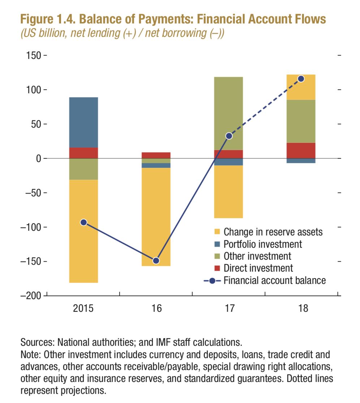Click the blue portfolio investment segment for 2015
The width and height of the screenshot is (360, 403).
(83, 122)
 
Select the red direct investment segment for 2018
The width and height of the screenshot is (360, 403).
(301, 150)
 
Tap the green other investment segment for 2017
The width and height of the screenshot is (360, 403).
(228, 113)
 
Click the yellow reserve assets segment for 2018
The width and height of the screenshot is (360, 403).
(301, 87)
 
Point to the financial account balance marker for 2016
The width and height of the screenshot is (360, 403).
(156, 260)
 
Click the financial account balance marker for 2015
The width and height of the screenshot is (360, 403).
(83, 222)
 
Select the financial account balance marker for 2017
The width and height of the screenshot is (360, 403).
(229, 136)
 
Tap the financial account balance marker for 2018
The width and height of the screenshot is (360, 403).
(301, 79)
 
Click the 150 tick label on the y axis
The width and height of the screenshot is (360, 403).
(33, 56)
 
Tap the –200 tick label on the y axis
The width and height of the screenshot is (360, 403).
(31, 296)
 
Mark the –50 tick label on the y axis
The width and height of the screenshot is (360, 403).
(33, 192)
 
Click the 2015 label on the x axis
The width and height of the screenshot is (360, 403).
(83, 309)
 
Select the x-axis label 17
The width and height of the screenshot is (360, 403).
(230, 309)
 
